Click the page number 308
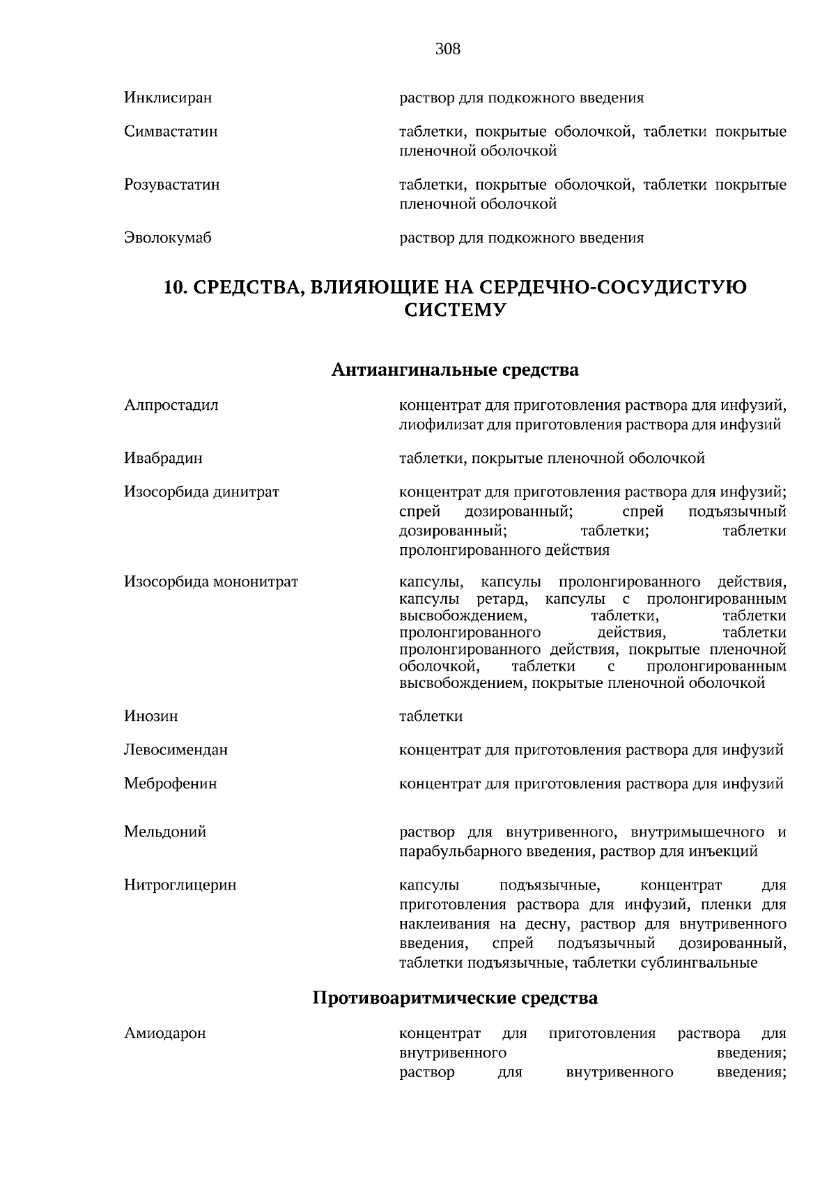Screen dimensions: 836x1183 click(447, 49)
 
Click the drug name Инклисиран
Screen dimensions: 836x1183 click(168, 98)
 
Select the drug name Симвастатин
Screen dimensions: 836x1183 click(171, 132)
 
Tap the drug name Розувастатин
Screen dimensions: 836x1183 click(172, 185)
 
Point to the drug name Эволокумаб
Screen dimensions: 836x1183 click(168, 238)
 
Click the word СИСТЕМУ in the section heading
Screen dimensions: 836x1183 click(455, 311)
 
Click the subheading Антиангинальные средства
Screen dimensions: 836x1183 click(455, 369)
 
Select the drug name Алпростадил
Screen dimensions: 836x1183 click(171, 406)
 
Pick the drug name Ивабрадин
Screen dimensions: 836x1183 click(164, 459)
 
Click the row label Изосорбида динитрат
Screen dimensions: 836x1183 click(201, 493)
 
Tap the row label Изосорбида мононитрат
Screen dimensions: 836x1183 click(211, 582)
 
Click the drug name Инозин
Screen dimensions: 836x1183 click(151, 717)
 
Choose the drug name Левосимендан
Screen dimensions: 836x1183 click(176, 751)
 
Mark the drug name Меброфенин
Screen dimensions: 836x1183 click(171, 784)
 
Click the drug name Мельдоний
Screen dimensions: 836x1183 click(165, 832)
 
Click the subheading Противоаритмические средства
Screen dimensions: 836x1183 click(455, 998)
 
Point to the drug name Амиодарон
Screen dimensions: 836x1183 click(165, 1034)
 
